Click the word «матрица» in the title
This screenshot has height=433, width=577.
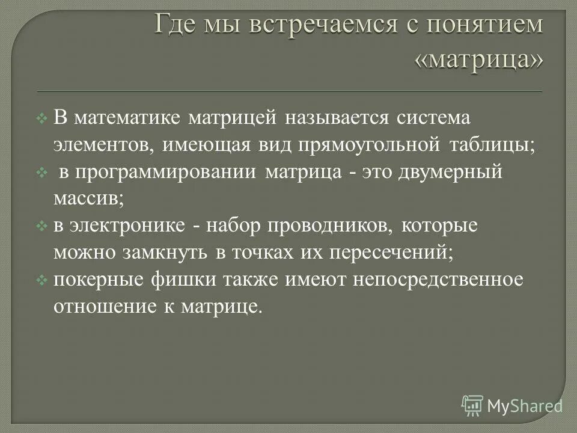click(x=479, y=59)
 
